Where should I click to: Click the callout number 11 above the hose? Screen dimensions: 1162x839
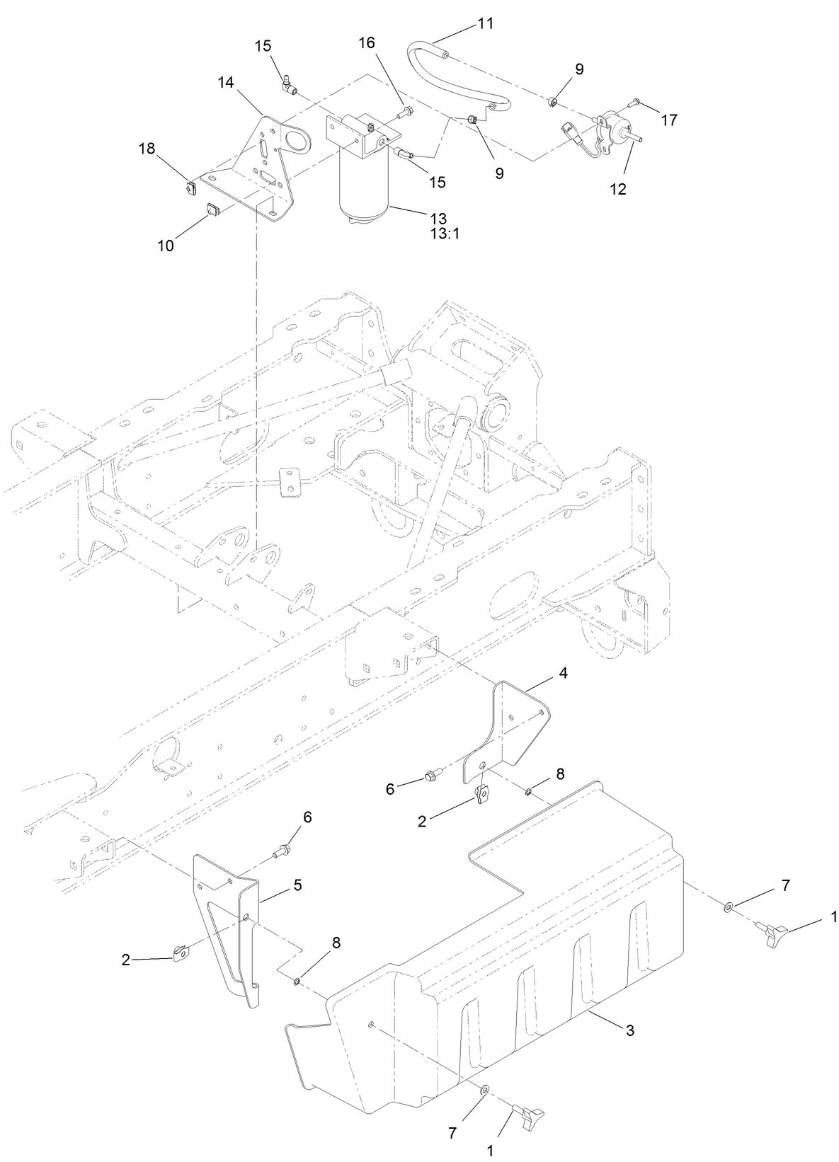coord(485,23)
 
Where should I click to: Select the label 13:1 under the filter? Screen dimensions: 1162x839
coord(445,234)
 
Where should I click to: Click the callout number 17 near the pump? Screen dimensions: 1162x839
coord(668,120)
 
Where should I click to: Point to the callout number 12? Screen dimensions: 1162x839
coord(617,189)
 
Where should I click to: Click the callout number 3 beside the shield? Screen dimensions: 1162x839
coord(630,1030)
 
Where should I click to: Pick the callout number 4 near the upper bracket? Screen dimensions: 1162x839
coord(563,673)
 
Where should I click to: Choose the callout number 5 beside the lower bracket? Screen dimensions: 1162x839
coord(298,885)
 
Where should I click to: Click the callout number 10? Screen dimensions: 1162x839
coord(166,246)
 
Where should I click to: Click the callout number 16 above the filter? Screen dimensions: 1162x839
coord(366,43)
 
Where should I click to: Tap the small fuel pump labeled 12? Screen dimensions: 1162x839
coord(612,132)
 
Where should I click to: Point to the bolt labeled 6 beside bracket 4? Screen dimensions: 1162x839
coord(432,777)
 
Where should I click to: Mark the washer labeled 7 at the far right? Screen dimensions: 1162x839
coord(729,907)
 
